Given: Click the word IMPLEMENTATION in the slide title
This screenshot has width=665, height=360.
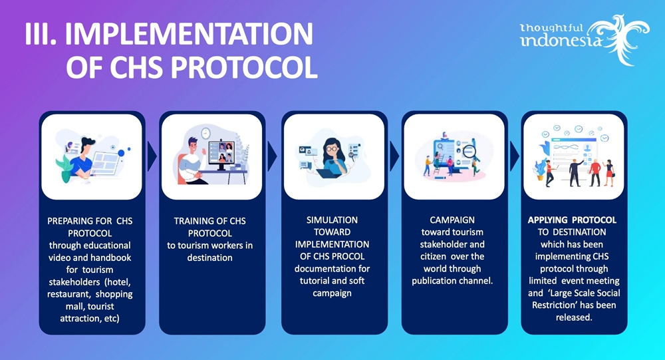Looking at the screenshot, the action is (x=189, y=34).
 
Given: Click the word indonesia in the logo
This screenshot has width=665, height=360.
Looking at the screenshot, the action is (x=561, y=41).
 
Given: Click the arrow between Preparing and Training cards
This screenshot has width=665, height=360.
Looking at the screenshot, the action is (x=152, y=156).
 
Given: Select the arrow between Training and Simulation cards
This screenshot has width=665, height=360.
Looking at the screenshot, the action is (x=272, y=156).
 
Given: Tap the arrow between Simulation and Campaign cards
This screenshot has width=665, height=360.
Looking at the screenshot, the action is (x=394, y=156).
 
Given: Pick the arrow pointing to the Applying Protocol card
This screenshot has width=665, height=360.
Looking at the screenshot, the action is (x=515, y=156).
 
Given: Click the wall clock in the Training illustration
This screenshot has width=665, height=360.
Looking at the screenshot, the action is (x=205, y=133).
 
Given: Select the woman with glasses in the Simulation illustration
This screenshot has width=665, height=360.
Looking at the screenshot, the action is (x=333, y=157).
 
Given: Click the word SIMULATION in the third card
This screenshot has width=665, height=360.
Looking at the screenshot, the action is (x=332, y=220).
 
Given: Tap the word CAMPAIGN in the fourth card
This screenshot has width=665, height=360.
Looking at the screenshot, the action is (x=452, y=220).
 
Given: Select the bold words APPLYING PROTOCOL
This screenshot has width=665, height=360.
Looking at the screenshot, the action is (x=572, y=220).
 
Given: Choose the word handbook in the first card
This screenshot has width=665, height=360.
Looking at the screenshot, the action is (x=110, y=258).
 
